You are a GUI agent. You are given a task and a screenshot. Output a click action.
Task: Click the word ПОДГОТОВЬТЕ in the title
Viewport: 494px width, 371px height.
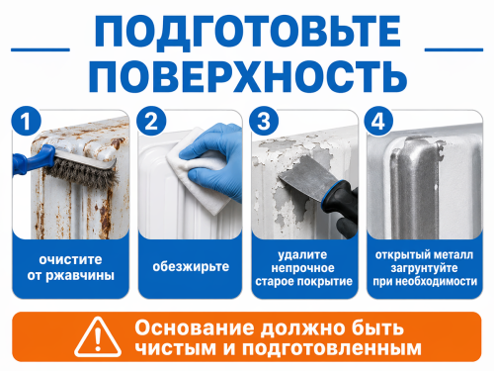pos(247,32)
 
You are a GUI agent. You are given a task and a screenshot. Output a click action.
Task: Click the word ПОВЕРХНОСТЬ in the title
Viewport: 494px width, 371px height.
pos(248,76)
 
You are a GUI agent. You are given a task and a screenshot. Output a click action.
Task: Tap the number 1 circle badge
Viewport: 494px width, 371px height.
pos(26,121)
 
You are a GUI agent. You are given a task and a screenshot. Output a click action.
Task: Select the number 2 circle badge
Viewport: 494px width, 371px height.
pos(151,121)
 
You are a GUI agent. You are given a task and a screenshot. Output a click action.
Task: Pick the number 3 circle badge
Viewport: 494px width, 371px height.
pos(264,121)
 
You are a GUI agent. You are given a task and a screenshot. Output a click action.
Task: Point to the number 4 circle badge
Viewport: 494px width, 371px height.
pos(378,121)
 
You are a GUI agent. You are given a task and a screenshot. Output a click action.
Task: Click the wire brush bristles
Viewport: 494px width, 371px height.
pos(82,171)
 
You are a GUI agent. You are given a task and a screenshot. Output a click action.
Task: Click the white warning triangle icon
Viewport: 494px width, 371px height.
pos(98,337)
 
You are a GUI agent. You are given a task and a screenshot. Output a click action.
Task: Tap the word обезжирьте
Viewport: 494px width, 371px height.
pos(191,266)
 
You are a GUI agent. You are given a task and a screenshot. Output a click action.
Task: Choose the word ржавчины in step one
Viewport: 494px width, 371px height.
pos(80,276)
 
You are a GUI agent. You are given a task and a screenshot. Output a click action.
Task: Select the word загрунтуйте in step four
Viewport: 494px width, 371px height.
pos(424,268)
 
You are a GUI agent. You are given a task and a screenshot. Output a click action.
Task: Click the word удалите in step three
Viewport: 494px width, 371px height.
pos(303,255)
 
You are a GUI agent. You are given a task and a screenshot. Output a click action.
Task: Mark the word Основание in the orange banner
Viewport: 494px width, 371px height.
pos(195,328)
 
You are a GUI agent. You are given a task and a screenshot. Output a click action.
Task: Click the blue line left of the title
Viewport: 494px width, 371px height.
pos(41,49)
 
